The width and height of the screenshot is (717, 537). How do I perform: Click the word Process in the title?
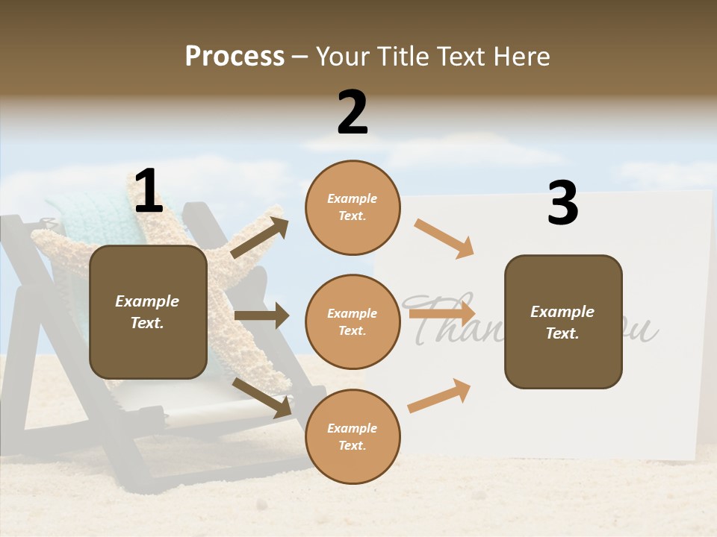tap(235, 56)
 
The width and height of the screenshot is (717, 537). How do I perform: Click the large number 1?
tap(148, 192)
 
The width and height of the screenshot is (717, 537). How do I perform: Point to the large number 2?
tap(353, 113)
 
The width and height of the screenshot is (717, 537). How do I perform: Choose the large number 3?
tap(562, 204)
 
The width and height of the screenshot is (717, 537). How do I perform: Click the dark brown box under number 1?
tap(148, 312)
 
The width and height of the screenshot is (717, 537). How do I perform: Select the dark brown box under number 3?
tap(563, 321)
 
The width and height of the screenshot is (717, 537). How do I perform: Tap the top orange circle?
tap(353, 207)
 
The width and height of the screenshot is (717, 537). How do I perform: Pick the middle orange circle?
tap(353, 321)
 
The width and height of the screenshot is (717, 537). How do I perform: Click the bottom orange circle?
tap(353, 436)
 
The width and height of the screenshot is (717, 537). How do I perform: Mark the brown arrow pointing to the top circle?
tap(259, 238)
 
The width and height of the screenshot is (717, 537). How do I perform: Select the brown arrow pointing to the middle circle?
tap(261, 315)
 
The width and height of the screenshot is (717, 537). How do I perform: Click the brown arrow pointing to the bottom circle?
tap(262, 398)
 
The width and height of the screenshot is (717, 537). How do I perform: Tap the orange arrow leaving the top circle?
tap(444, 238)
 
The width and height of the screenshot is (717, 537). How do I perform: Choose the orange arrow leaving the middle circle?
tap(442, 313)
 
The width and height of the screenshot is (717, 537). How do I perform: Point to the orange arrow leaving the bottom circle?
tap(439, 395)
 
